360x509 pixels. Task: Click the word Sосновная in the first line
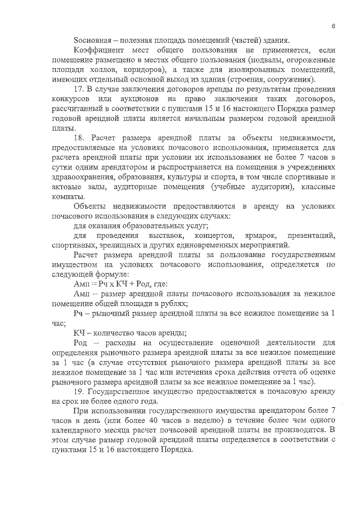coord(92,40)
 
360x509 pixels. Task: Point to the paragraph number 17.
coord(80,89)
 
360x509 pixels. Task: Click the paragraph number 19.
coord(80,392)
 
